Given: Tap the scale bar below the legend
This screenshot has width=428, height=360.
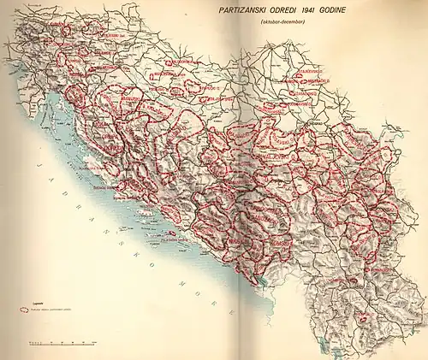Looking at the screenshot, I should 60,343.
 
